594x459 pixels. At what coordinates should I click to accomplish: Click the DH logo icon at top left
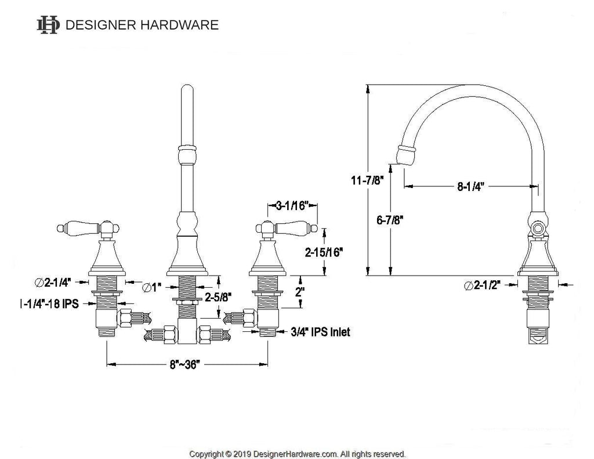coord(48,24)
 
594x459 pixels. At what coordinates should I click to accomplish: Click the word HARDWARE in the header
coord(180,25)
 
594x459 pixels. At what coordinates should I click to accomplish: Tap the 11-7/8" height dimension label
coord(367,180)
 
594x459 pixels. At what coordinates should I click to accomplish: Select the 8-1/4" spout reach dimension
coord(471,186)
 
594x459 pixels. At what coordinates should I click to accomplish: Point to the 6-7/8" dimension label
coord(390,220)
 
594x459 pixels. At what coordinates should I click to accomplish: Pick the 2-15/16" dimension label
coord(324,252)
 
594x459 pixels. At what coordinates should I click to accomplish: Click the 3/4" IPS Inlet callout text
coord(320,332)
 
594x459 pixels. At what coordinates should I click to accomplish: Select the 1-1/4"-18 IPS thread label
coord(50,303)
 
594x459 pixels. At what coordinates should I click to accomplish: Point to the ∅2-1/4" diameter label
coord(53,283)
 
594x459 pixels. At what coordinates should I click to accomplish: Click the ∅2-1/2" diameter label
coord(483,285)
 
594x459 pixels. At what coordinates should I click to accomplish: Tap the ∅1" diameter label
coord(152,288)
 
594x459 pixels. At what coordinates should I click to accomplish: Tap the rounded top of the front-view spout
coord(187,88)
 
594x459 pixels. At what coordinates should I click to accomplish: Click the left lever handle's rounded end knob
coord(60,228)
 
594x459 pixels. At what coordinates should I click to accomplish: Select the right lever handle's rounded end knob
coord(314,228)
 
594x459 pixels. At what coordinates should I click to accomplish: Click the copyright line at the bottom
coord(298,454)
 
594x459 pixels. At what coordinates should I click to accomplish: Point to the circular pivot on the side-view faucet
coord(538,229)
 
